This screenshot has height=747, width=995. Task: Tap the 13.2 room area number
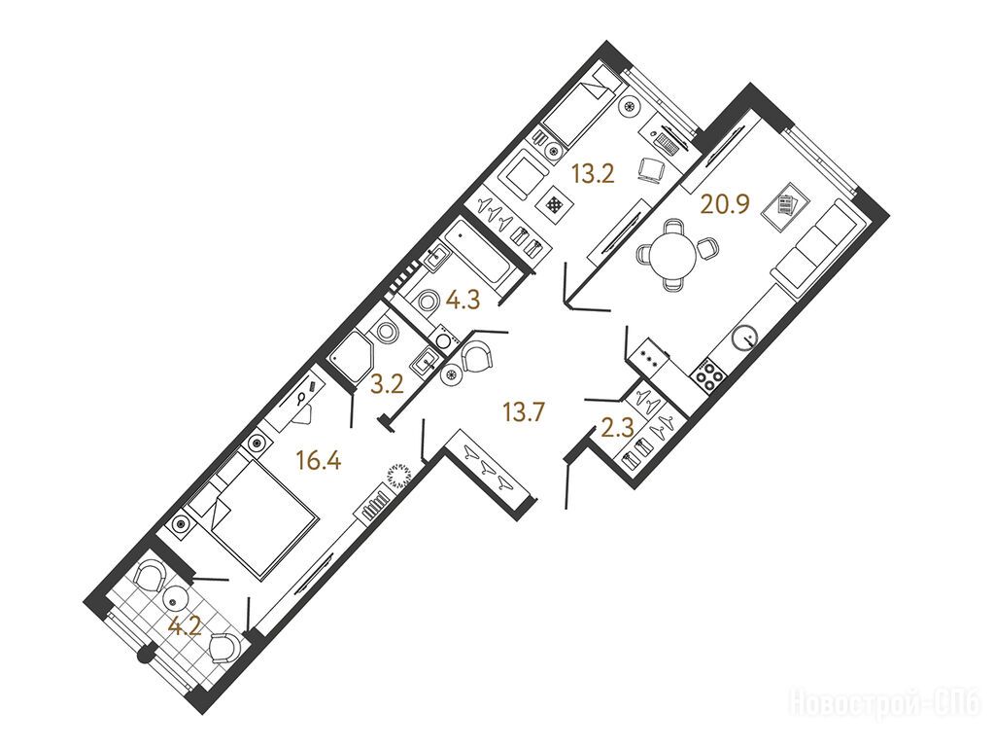[594, 173]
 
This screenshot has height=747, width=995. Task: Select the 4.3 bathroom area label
[463, 300]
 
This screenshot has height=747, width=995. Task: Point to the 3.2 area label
[387, 385]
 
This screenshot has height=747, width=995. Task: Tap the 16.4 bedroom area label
[319, 460]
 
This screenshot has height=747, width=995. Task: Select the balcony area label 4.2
[185, 628]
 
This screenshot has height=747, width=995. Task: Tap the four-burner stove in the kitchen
[708, 374]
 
